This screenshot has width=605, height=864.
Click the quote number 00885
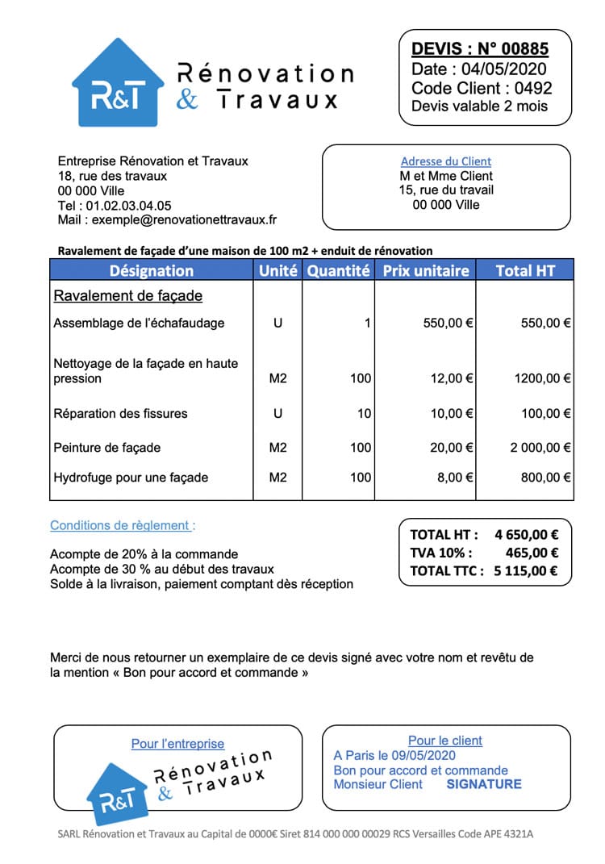pyautogui.click(x=524, y=48)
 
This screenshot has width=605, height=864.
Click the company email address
pyautogui.click(x=184, y=219)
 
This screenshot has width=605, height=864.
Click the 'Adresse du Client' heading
pyautogui.click(x=446, y=161)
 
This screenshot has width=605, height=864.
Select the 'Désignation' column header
pyautogui.click(x=152, y=271)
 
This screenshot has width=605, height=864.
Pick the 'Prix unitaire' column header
pyautogui.click(x=425, y=271)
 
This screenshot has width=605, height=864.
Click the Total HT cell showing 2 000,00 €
pyautogui.click(x=540, y=448)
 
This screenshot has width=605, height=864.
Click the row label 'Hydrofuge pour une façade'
pyautogui.click(x=131, y=478)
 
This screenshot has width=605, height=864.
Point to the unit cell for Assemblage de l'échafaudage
pyautogui.click(x=277, y=323)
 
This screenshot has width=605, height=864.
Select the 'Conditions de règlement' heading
pyautogui.click(x=122, y=525)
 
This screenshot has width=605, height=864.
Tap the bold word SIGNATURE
pyautogui.click(x=484, y=784)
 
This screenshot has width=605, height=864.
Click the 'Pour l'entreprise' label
pyautogui.click(x=177, y=744)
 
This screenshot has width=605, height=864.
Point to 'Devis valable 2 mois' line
pyautogui.click(x=479, y=106)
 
